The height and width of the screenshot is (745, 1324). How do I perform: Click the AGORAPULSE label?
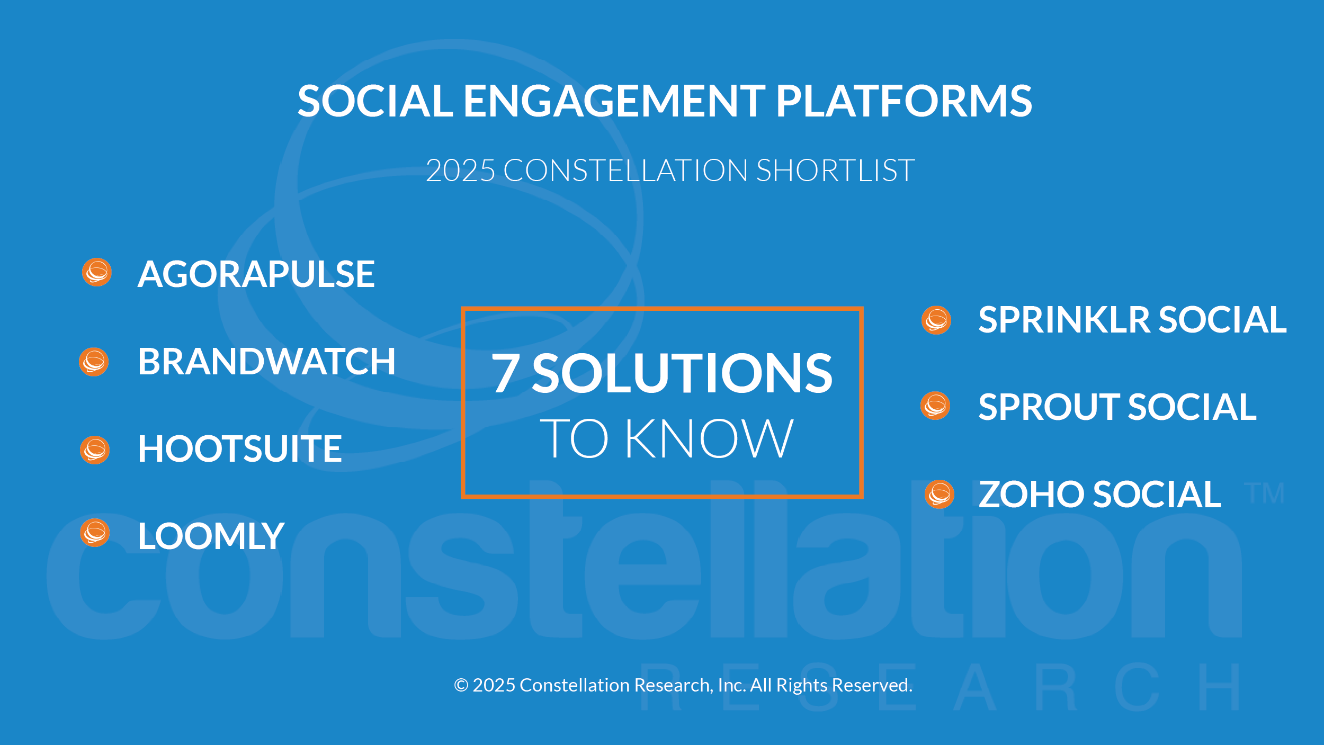[x=256, y=274]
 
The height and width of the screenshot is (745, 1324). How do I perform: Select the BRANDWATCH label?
[x=267, y=362]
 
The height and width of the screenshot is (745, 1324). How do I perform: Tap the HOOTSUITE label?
[x=240, y=449]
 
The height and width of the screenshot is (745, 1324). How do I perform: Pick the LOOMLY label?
[x=211, y=536]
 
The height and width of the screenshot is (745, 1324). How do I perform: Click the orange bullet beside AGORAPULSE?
[x=97, y=272]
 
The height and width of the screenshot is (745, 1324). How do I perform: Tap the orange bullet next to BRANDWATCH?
[x=94, y=362]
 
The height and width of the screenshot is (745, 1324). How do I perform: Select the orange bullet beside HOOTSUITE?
[x=95, y=450]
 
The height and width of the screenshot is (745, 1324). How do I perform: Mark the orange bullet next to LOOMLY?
[x=95, y=533]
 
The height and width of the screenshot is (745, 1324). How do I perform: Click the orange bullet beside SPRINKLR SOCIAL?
[x=936, y=320]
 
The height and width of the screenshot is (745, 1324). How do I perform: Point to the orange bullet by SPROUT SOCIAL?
[x=935, y=406]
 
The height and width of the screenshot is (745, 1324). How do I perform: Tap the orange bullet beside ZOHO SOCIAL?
[x=940, y=495]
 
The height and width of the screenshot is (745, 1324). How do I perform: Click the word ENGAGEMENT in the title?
[x=614, y=101]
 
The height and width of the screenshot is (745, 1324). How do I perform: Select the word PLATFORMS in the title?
[x=904, y=101]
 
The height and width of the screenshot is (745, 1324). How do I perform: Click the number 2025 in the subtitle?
[x=460, y=170]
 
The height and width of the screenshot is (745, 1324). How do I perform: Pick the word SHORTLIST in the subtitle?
[x=835, y=170]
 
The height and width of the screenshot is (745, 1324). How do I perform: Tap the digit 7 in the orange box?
[x=505, y=373]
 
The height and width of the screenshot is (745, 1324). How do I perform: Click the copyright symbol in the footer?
[x=461, y=685]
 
